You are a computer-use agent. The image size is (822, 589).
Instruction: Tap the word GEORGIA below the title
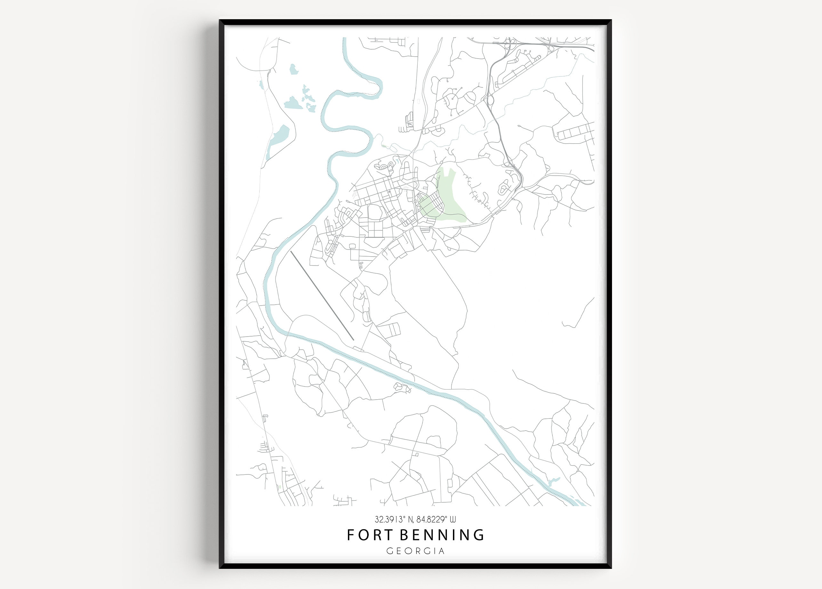pyautogui.click(x=415, y=551)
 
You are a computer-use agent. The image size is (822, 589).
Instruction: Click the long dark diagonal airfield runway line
pyautogui.click(x=322, y=295)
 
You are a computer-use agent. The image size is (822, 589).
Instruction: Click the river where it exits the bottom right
pyautogui.click(x=576, y=502)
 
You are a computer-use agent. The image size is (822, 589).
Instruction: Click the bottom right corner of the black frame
pyautogui.click(x=611, y=567)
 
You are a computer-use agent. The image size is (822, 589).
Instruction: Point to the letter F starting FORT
pyautogui.click(x=351, y=535)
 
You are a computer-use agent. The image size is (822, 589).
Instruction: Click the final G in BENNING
pyautogui.click(x=479, y=535)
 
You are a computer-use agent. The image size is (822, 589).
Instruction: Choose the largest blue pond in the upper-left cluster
pyautogui.click(x=293, y=103)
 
